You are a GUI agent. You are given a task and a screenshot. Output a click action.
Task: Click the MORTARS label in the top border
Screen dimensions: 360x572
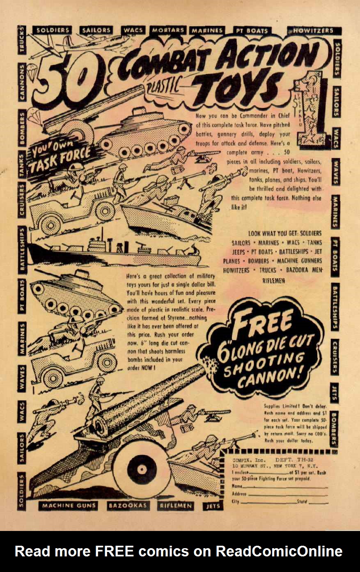click(x=168, y=30)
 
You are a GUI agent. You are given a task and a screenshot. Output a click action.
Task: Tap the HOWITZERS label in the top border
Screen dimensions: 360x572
click(x=314, y=30)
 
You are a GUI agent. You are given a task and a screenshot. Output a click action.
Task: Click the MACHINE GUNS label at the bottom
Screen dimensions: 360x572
click(x=69, y=506)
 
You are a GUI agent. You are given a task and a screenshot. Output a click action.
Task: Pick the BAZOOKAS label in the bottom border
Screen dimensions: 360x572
click(x=128, y=506)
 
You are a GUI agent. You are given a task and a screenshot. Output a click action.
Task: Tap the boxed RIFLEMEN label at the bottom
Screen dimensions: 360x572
click(x=176, y=506)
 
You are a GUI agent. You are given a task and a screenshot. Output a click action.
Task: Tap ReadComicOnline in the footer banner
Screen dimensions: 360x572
click(x=279, y=551)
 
